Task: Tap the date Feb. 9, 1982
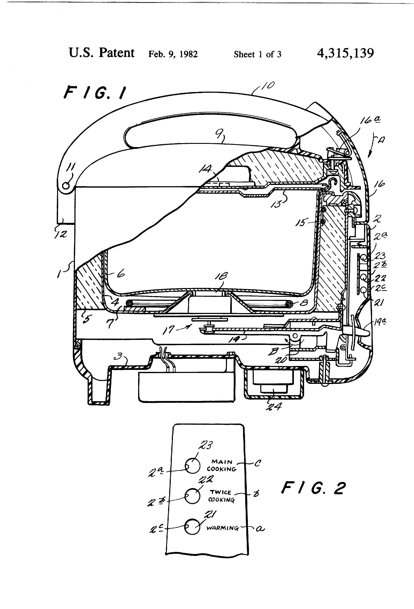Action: point(173,54)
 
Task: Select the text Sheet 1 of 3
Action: point(257,54)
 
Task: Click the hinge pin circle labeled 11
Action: point(66,185)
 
